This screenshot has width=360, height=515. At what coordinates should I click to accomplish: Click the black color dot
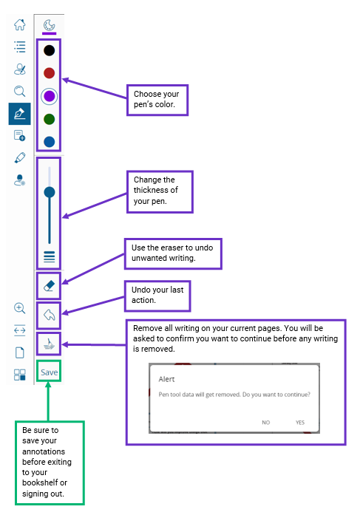(x=50, y=50)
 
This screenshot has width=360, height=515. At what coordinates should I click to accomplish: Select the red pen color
(x=50, y=73)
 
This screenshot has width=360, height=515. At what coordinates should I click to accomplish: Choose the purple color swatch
(x=50, y=96)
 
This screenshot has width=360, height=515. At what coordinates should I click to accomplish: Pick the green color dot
(x=50, y=119)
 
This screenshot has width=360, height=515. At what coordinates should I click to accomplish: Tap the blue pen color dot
(x=50, y=142)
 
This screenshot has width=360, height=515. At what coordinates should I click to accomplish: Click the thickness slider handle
(x=50, y=192)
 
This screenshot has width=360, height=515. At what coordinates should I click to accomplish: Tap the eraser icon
(x=49, y=286)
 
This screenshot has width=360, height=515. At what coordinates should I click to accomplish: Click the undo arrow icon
(x=49, y=316)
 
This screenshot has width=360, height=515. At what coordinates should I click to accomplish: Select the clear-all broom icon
(x=49, y=344)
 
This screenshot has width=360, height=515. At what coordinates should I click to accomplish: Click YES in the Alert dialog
(x=300, y=423)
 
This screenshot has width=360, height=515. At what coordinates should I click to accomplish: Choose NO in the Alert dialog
(x=265, y=423)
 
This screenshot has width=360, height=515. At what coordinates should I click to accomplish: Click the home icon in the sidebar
(x=20, y=24)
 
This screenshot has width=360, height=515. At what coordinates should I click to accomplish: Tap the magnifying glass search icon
(x=20, y=91)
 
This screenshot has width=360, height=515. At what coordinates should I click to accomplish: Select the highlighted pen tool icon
(x=20, y=114)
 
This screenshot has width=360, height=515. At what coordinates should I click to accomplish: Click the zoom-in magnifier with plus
(x=20, y=308)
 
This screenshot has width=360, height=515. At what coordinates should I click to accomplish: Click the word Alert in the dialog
(x=166, y=379)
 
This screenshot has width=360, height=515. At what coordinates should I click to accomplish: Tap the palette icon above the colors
(x=50, y=25)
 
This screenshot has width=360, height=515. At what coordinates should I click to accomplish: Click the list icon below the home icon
(x=20, y=47)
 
